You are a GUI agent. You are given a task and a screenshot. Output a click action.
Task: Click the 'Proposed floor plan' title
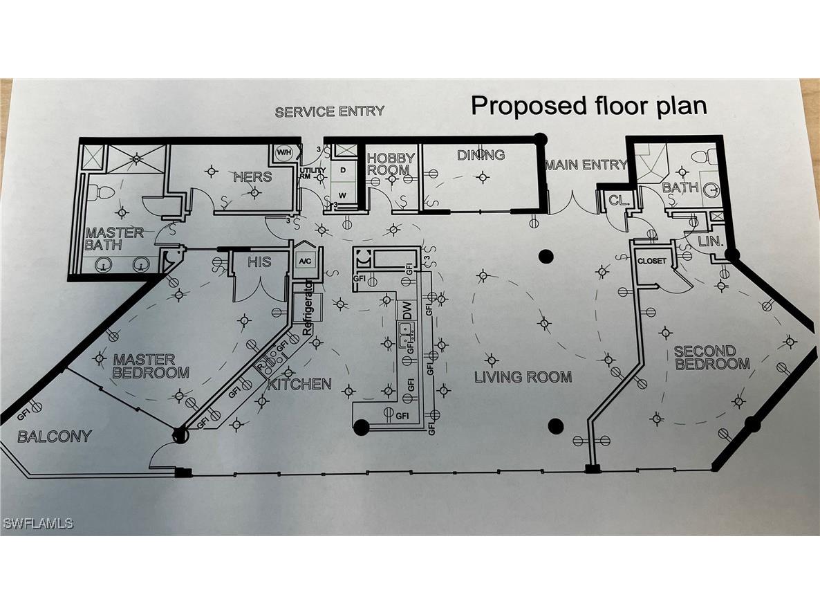(x=589, y=106)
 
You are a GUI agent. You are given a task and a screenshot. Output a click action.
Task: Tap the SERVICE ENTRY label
(x=329, y=111)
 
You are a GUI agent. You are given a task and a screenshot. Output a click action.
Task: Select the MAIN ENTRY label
(x=586, y=165)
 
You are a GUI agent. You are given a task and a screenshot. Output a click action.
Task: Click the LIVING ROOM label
(x=523, y=377)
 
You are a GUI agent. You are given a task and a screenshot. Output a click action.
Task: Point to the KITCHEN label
(x=299, y=383)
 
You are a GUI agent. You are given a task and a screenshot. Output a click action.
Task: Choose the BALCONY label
(x=54, y=437)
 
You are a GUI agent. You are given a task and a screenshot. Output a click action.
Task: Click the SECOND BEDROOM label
(x=712, y=358)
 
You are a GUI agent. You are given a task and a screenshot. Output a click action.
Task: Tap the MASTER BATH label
(x=114, y=239)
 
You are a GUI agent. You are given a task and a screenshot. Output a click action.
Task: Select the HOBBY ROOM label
(x=391, y=164)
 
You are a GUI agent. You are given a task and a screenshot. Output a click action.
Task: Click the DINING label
(x=481, y=155)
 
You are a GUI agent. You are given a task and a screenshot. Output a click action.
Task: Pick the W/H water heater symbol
(x=283, y=152)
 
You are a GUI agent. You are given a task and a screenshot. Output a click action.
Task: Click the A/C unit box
(x=305, y=261)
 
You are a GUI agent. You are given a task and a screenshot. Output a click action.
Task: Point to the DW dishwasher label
(x=407, y=313)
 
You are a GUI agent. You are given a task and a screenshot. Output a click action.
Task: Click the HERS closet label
(x=252, y=176)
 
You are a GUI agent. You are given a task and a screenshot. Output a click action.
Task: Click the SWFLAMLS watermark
(x=38, y=524)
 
